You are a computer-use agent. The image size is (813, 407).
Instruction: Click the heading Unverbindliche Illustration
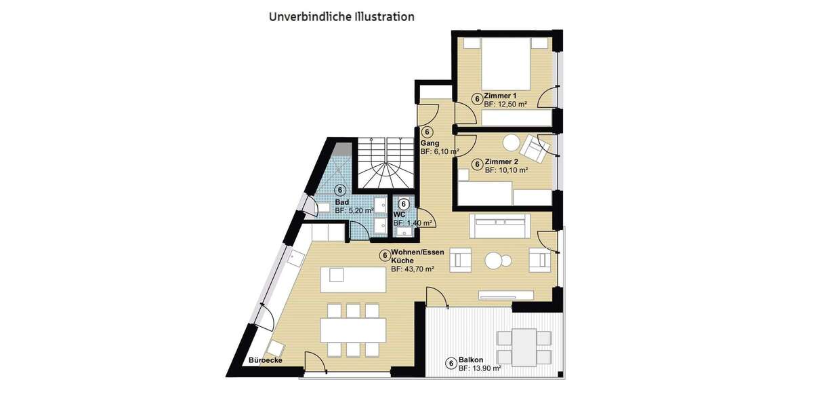click(x=341, y=16)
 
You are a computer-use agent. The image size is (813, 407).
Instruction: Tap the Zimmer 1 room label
click(x=500, y=96)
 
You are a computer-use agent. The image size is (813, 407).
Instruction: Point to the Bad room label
click(x=341, y=203)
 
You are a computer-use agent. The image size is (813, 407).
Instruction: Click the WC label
click(x=399, y=214)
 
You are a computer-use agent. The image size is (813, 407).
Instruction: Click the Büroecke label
click(x=266, y=360)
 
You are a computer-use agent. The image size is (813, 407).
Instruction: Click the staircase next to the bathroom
click(x=383, y=164)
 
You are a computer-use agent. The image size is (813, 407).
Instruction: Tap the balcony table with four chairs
click(x=524, y=347)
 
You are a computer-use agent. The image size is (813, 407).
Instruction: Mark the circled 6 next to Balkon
click(x=451, y=364)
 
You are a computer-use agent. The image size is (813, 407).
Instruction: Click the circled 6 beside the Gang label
click(x=427, y=132)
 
